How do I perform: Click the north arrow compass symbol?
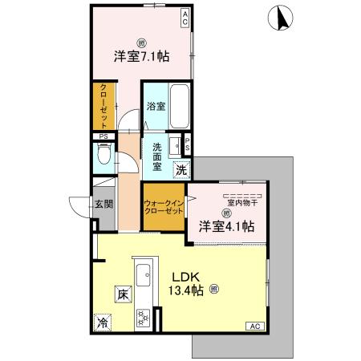click(282, 17)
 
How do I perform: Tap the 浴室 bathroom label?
click(156, 106)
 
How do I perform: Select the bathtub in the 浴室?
click(180, 107)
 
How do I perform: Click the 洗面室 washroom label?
click(156, 157)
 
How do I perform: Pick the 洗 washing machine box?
click(183, 169)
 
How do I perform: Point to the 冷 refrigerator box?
click(103, 323)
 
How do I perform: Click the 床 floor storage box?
click(121, 294)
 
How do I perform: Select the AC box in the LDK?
click(254, 326)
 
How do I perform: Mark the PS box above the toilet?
click(103, 137)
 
